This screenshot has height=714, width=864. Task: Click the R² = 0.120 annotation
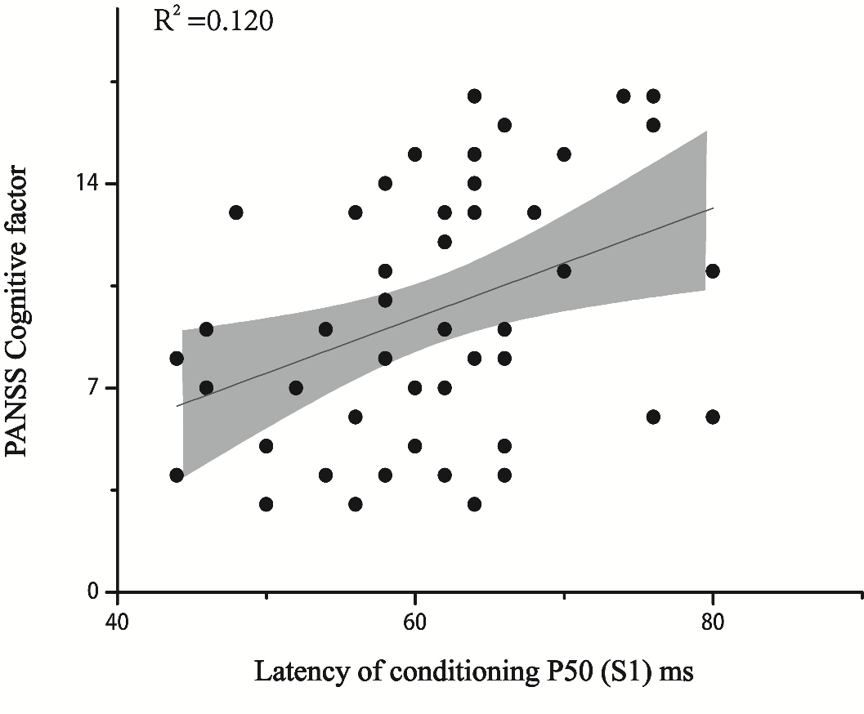pos(213,20)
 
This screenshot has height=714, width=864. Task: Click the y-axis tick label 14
pos(89,183)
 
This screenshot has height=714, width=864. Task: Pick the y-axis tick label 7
pos(96,387)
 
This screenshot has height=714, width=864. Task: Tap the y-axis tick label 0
pos(96,591)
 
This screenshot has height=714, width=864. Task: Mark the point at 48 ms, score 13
pos(236,212)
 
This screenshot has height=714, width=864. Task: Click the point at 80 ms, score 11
pos(713,271)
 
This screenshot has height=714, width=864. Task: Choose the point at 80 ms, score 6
pos(713,417)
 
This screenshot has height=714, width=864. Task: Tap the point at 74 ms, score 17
pos(624,96)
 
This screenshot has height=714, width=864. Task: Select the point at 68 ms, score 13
pos(535,212)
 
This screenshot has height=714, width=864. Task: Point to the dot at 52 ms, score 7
pos(296,387)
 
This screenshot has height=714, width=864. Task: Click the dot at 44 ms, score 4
pos(177,475)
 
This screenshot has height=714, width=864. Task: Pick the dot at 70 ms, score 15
pos(564,154)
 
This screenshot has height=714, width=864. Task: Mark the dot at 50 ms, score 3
pos(266,504)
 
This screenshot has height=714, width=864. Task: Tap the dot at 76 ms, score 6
pos(653,417)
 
